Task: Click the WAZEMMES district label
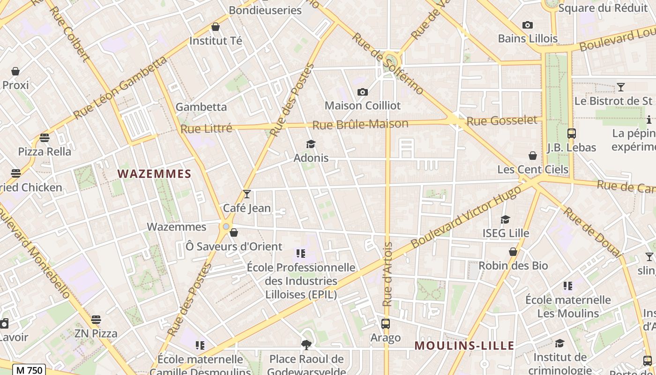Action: [154, 174]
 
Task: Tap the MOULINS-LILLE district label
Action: [464, 346]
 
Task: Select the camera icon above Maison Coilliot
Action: [362, 92]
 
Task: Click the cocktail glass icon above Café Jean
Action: [247, 194]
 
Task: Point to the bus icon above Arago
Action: [386, 323]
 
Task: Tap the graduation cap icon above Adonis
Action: [311, 144]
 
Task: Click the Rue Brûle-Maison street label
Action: [360, 124]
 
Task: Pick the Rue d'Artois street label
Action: [388, 274]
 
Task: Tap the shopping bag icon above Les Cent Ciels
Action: [532, 156]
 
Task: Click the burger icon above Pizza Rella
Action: [45, 138]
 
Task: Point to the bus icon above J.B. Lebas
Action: [571, 134]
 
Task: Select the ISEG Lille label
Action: [506, 233]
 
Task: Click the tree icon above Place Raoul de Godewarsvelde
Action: [306, 345]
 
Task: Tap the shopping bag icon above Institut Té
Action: [216, 27]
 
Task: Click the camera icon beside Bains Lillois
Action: [528, 25]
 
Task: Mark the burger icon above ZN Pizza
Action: [96, 320]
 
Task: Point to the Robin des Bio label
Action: [513, 266]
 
